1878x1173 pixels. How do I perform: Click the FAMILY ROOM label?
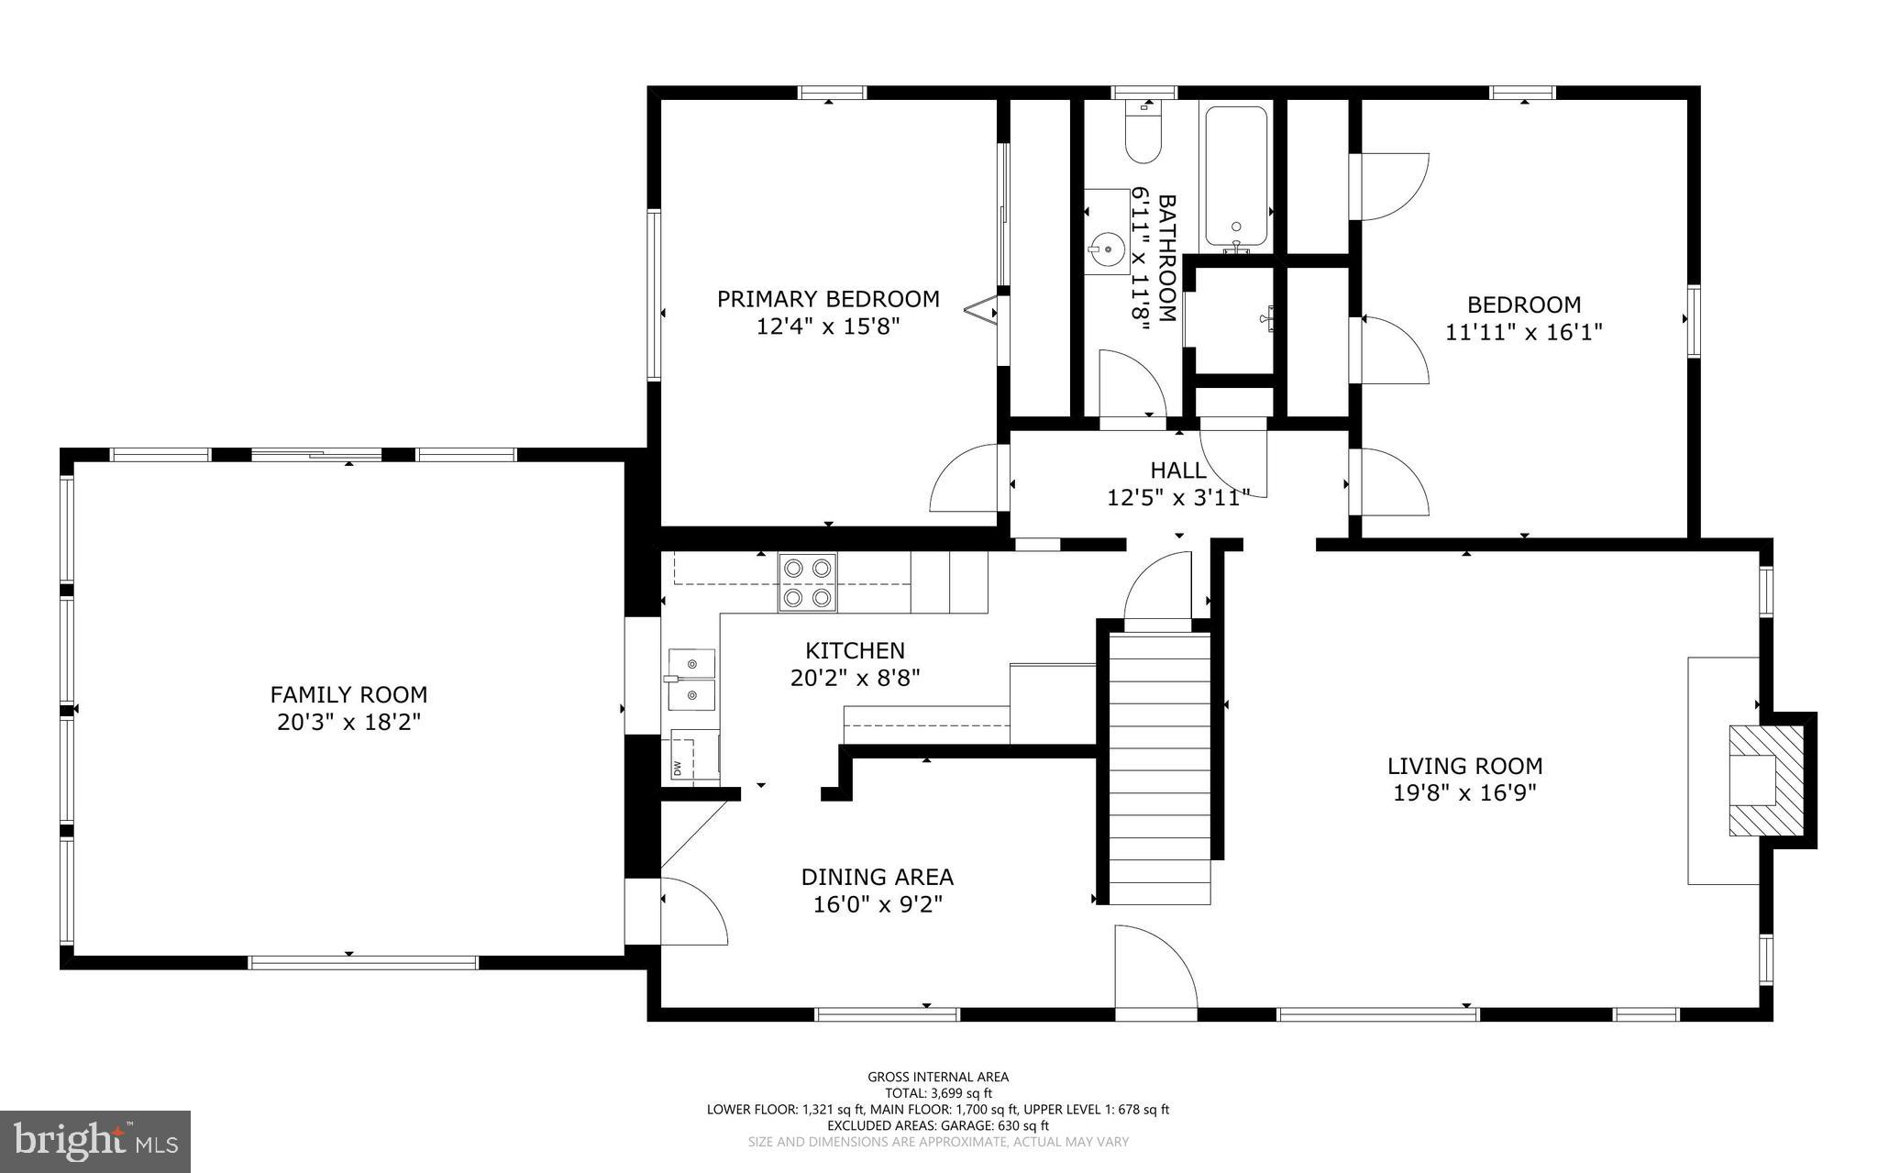click(x=348, y=695)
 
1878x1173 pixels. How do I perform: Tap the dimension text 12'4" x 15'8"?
click(x=828, y=326)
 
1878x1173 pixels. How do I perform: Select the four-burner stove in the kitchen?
click(x=808, y=582)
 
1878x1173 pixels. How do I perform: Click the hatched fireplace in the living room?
click(x=1764, y=780)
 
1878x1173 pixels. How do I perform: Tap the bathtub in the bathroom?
click(x=1236, y=176)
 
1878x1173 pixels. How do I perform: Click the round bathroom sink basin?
click(x=1107, y=246)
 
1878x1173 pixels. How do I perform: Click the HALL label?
click(x=1178, y=470)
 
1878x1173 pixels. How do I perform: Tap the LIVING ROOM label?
click(x=1464, y=766)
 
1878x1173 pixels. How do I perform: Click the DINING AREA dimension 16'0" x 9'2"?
click(x=878, y=905)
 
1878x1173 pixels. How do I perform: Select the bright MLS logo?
click(x=95, y=1141)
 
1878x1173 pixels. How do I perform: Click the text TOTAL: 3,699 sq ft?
click(x=938, y=1093)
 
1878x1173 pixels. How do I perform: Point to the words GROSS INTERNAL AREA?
click(x=938, y=1077)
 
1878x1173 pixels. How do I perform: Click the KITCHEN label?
click(x=855, y=651)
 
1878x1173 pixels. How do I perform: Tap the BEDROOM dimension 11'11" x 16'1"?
click(x=1523, y=332)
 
